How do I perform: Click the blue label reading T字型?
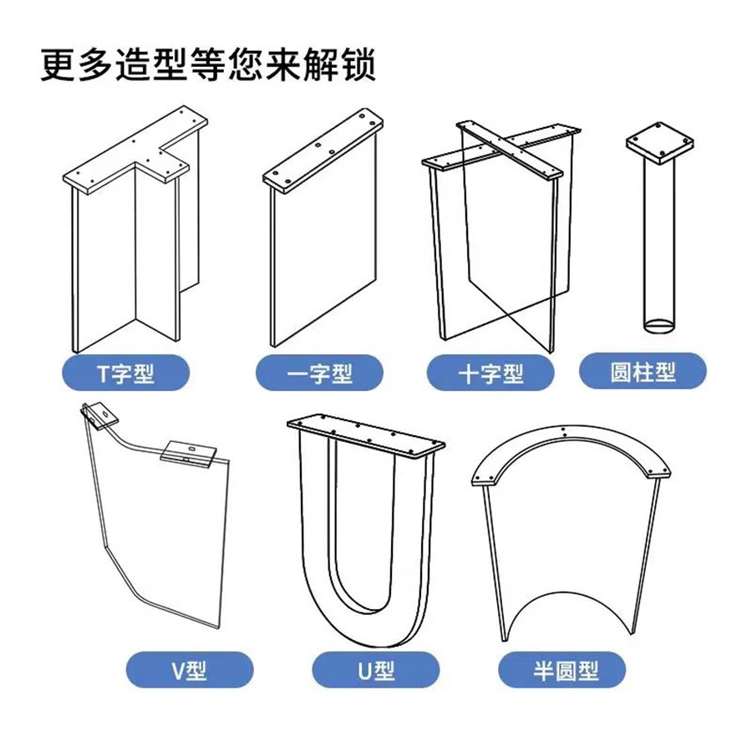coord(126,371)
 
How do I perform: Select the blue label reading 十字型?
coord(490,372)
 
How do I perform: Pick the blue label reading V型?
coord(189,668)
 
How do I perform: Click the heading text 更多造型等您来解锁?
coord(209,65)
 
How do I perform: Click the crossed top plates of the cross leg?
coord(501,150)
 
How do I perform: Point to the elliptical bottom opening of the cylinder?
coord(659,323)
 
